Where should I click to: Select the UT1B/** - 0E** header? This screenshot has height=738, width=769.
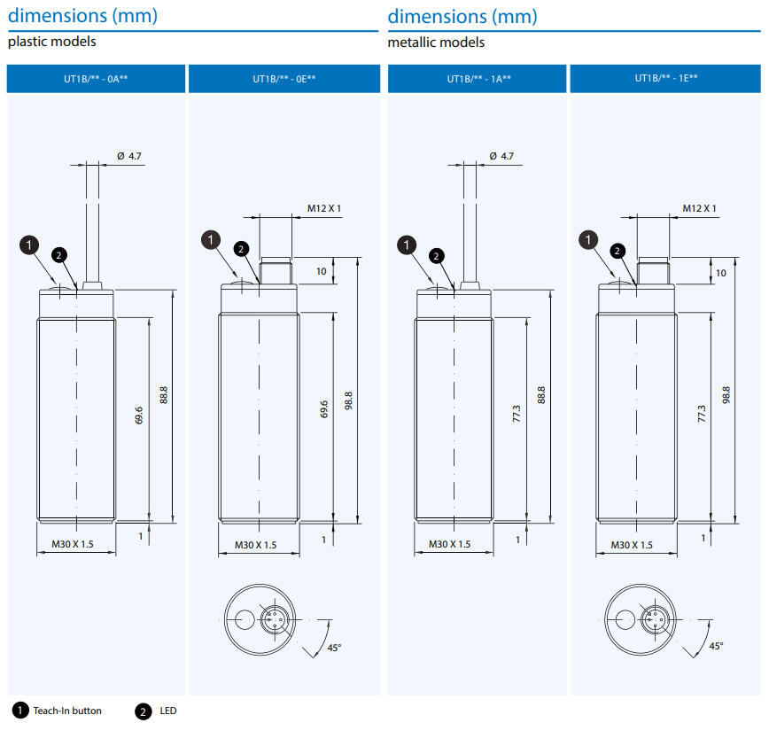coord(284,80)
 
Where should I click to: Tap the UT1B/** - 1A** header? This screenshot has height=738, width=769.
coord(478,80)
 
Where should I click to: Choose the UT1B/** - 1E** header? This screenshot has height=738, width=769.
coord(666,79)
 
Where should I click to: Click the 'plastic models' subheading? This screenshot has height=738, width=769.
coord(51,42)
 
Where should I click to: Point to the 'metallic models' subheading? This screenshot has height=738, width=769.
coord(436,42)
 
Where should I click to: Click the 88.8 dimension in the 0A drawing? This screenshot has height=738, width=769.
coord(164,395)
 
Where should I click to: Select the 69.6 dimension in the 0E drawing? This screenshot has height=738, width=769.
coord(324,410)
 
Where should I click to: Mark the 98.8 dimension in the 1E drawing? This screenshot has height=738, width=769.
coord(726,395)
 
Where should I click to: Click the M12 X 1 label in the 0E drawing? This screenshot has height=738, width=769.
coord(324,208)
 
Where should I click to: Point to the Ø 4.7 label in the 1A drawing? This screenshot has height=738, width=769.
coord(501,156)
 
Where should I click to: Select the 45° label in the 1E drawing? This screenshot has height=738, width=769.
coord(716,646)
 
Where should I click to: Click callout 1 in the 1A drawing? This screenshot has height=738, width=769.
coord(408,245)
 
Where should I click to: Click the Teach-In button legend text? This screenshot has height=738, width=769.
coord(67,711)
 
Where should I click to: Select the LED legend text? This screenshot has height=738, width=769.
coord(168,711)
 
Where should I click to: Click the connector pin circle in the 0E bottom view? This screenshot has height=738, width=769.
coord(275,618)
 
